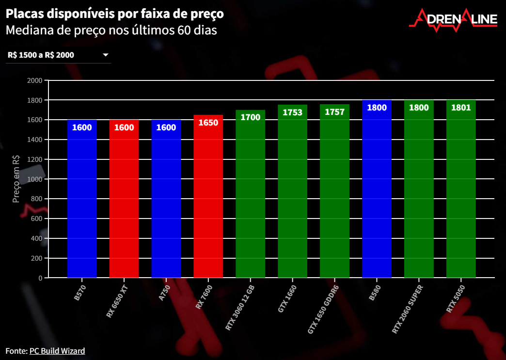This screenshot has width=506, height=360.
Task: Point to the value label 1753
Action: click(292, 112)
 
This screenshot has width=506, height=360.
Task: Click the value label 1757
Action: click(334, 112)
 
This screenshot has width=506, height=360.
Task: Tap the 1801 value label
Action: click(461, 108)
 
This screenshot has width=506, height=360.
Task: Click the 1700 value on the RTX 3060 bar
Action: click(251, 117)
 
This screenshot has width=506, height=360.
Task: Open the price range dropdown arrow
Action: click(106, 55)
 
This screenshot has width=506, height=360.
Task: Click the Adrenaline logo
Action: click(453, 20)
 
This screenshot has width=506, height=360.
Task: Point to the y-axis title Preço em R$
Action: click(16, 179)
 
